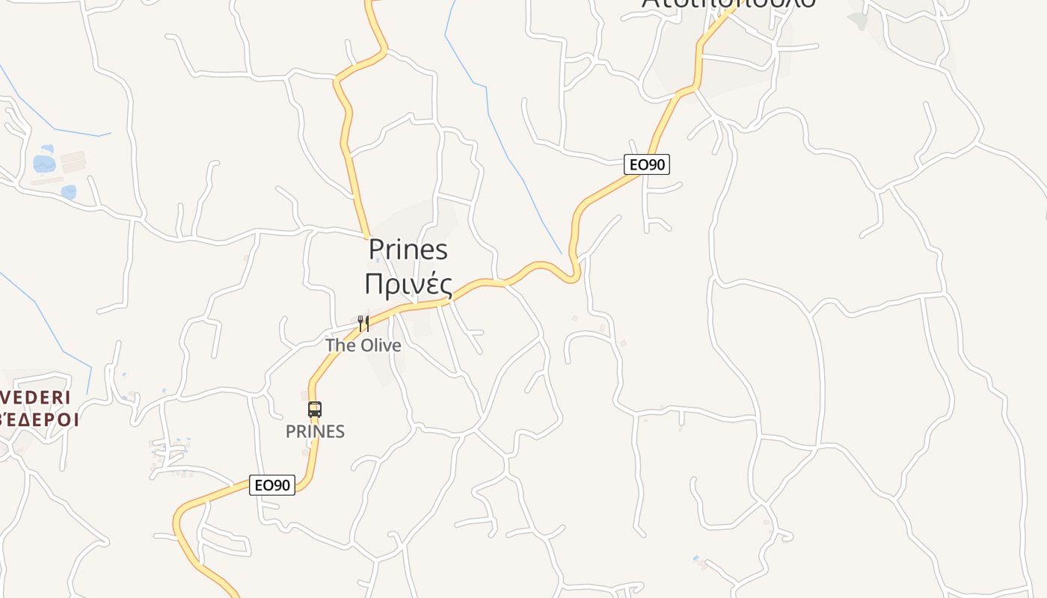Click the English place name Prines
408,250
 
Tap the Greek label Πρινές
408,284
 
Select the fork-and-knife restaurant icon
363,323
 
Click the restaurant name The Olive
363,345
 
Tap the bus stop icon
315,410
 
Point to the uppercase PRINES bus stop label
315,431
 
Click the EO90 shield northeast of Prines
647,164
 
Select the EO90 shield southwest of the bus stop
272,485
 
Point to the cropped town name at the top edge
728,4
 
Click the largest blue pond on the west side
44,164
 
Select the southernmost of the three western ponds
69,192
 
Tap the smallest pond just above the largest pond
48,149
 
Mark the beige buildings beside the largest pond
73,161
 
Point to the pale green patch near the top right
858,20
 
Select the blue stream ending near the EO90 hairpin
523,172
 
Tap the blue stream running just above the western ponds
67,127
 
